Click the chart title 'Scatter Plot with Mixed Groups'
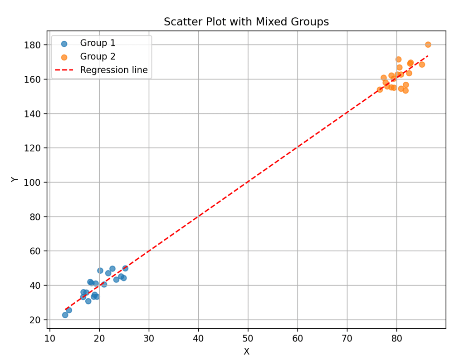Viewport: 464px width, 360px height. coord(246,22)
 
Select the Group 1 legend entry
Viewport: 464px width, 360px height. coord(98,43)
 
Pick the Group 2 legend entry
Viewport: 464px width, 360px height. coord(98,57)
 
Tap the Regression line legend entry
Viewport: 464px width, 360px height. coord(113,70)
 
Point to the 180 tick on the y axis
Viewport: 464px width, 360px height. coord(36,45)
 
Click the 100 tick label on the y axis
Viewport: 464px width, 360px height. coord(36,182)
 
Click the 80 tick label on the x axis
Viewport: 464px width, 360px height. coord(397,338)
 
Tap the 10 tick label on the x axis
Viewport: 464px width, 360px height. coord(49,338)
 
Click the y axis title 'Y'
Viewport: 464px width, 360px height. coord(15,179)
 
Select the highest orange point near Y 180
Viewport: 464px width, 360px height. coord(428,44)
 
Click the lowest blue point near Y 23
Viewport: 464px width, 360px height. coord(65,315)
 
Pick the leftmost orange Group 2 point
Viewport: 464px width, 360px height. coord(380,89)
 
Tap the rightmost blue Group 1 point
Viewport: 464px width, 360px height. coord(125,268)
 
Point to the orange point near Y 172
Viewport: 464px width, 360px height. coord(398,59)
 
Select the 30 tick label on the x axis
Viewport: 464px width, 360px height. coord(149,338)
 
